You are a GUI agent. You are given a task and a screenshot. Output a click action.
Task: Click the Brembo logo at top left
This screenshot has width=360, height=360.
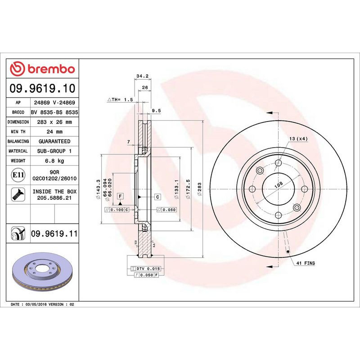coord(42,69)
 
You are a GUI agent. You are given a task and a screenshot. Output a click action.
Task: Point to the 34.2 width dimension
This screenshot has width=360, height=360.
coord(142,76)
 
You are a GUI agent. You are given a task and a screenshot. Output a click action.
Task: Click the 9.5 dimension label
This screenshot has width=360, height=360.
coord(156,110)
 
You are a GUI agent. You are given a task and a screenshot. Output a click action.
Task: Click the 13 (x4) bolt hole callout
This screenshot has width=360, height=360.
coord(298,139)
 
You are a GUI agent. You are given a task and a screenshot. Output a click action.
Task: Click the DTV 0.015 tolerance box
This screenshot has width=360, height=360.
coord(148,269)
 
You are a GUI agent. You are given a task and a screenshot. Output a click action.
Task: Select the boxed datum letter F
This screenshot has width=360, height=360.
coord(120,196)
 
